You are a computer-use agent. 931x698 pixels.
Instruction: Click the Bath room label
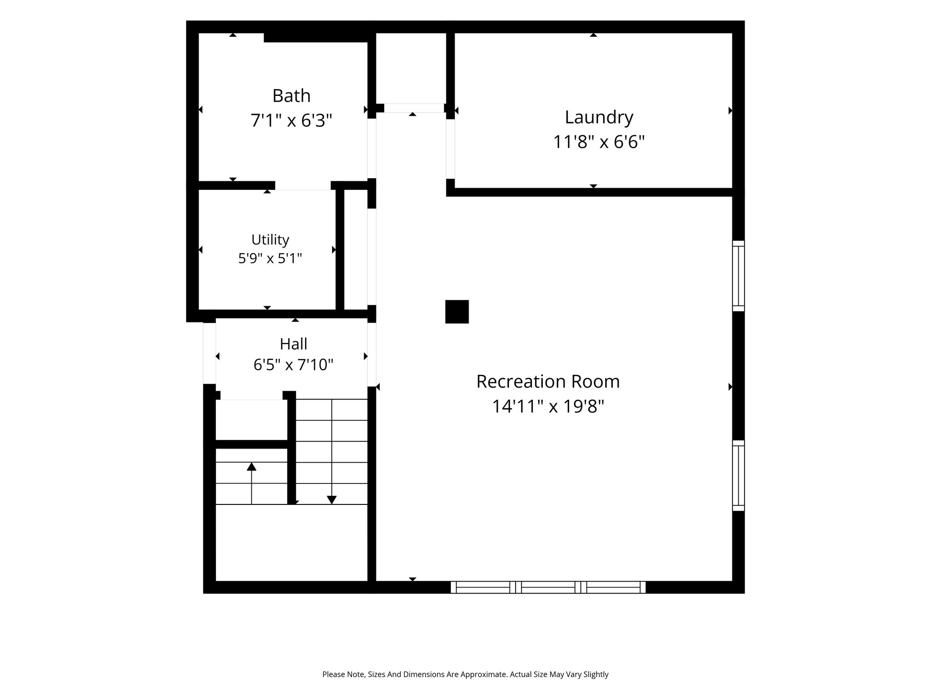pos(291,96)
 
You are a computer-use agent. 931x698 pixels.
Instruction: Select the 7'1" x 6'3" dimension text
pos(291,121)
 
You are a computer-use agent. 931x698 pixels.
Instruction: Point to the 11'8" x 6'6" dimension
pos(599,142)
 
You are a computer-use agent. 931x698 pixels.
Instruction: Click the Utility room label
pos(270,240)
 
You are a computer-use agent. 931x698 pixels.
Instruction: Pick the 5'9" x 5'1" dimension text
pos(270,259)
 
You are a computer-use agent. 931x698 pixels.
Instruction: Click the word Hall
pos(293,344)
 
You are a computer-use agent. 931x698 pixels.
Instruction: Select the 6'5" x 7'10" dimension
pos(293,365)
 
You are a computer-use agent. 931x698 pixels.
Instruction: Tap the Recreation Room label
pos(548,382)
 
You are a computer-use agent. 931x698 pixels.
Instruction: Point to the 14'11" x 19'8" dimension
pos(548,406)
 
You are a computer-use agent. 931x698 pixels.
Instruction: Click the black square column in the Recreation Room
pos(457,312)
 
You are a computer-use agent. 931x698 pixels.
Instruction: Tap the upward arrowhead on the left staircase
pos(251,466)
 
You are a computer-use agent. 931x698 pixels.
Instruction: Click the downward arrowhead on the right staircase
pos(332,500)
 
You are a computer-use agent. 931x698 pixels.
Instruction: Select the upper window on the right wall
pos(738,276)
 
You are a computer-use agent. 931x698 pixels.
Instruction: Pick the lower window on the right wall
pos(738,475)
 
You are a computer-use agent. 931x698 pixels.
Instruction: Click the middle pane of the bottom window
pos(548,587)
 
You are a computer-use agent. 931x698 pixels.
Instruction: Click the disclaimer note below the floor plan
pos(465,674)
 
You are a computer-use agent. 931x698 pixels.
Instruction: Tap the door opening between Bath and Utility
pos(303,185)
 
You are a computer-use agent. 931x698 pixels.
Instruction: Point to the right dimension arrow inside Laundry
pos(731,110)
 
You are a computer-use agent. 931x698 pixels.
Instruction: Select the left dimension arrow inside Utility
pos(200,249)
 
